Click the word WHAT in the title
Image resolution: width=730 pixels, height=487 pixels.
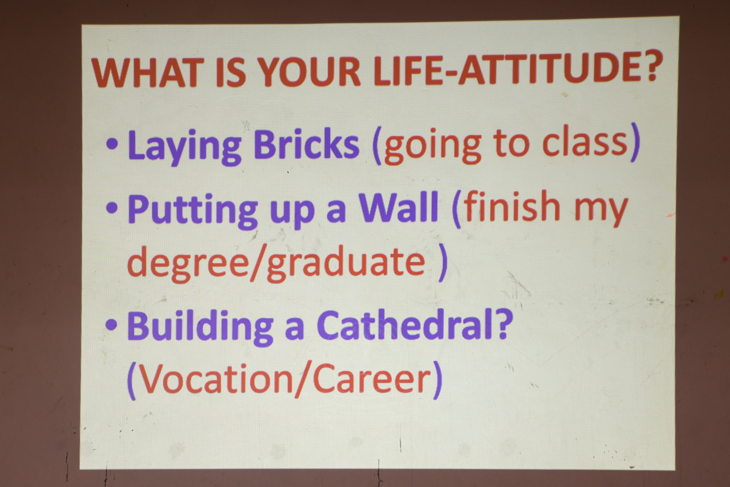145,73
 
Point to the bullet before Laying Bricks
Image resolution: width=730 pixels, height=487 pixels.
112,144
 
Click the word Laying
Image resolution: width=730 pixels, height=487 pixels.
184,147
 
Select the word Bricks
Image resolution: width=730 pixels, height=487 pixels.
306,143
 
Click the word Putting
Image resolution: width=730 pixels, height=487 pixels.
193,211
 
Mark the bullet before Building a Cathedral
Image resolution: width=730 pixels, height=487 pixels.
111,324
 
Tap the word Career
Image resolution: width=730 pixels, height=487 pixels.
372,379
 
